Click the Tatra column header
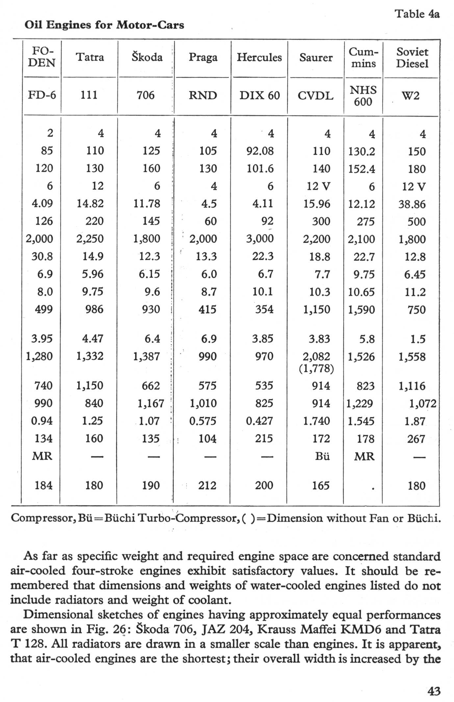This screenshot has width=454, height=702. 90,57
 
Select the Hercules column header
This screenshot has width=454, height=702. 259,58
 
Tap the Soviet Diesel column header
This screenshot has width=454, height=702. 412,58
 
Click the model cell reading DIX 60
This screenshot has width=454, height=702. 259,95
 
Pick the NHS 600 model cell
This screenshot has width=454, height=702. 363,96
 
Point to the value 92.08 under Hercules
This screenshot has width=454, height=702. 260,151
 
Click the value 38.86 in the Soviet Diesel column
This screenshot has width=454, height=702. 412,205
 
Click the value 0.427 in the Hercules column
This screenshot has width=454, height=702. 259,421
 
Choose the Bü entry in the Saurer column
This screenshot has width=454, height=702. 322,456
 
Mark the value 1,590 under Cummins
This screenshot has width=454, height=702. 361,310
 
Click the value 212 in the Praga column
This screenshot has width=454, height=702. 207,485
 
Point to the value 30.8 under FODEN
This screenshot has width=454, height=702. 42,256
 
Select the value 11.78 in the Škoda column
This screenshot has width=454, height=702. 147,204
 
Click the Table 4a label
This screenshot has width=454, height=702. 417,14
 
